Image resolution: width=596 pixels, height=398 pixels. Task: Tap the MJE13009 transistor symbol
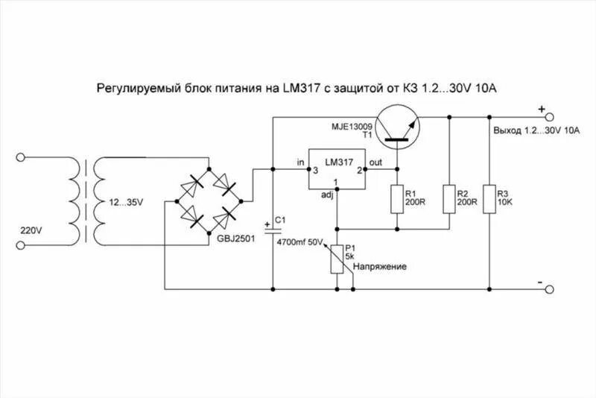click(396, 124)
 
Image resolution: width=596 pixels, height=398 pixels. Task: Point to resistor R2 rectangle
click(450, 198)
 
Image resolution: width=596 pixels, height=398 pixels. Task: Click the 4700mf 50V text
click(301, 242)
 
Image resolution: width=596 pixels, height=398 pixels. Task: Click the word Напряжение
click(379, 266)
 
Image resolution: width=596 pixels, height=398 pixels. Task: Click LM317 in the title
click(300, 88)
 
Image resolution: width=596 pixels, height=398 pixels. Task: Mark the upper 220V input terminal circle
click(22, 158)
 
